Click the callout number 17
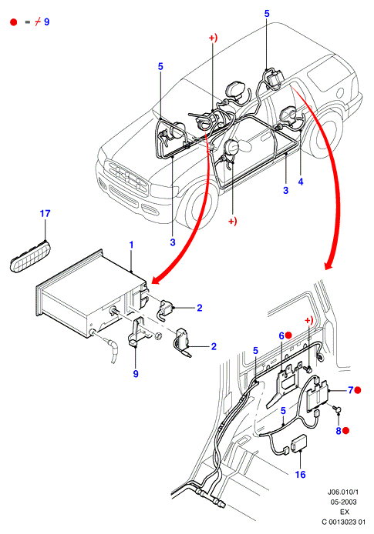tap(45, 214)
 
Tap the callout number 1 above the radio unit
tap(131, 245)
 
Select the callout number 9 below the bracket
tap(136, 374)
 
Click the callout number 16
tap(300, 475)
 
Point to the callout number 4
tap(301, 182)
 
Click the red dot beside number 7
tap(358, 390)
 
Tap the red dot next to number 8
tap(345, 430)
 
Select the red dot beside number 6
tap(288, 335)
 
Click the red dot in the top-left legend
tap(14, 22)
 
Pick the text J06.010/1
tap(343, 492)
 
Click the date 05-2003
tap(343, 502)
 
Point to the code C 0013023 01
tap(343, 522)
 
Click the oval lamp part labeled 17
tap(29, 255)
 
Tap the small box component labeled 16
tap(298, 442)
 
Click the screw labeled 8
tap(337, 409)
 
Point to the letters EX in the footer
tap(344, 512)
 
